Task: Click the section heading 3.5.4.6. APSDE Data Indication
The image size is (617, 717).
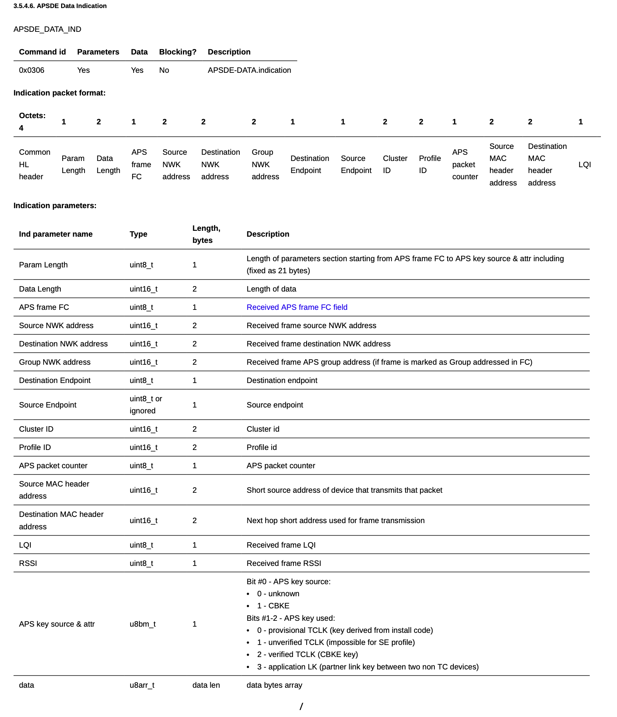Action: pos(60,6)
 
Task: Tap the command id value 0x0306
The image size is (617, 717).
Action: pos(31,70)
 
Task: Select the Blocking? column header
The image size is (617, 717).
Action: pos(177,52)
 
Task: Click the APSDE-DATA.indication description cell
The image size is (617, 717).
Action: pos(249,70)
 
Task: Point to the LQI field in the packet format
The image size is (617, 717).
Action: pos(584,165)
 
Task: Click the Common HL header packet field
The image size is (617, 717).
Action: pos(34,165)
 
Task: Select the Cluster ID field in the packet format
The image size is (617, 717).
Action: pos(395,165)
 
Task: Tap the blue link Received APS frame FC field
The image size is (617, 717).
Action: pos(297,307)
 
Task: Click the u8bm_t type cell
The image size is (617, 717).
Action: pos(143,624)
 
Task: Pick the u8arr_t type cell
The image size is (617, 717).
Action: pos(142,685)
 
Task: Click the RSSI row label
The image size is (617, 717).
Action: pos(28,563)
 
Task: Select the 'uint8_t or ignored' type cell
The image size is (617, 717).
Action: pos(146,405)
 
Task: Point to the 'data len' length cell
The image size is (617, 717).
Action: pos(206,685)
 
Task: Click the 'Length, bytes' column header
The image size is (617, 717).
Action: pos(206,234)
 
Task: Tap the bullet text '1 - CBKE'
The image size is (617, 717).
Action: pos(273,606)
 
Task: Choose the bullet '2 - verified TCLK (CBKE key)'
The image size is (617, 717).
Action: pos(307,654)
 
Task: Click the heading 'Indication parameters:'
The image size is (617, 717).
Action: pos(55,206)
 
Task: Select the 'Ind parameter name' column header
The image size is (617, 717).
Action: pos(56,234)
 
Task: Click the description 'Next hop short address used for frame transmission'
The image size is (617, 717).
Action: pos(336,521)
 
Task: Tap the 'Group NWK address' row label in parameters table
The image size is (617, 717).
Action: pos(55,362)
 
